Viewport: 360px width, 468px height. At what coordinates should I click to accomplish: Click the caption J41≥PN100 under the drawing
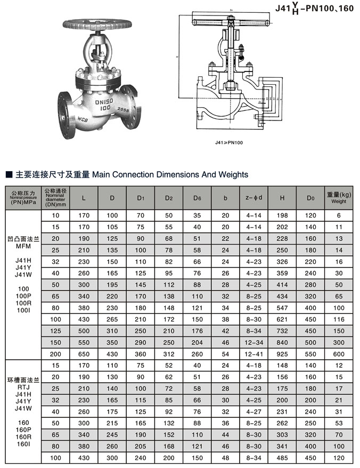pyautogui.click(x=230, y=142)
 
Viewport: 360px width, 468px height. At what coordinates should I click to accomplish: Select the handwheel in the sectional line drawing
pyautogui.click(x=230, y=22)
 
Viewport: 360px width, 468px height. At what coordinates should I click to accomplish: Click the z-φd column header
pyautogui.click(x=254, y=198)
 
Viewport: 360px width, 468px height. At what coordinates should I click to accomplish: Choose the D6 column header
pyautogui.click(x=197, y=198)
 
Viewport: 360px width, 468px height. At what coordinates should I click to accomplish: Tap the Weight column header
pyautogui.click(x=339, y=198)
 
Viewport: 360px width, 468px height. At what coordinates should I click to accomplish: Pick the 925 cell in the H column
pyautogui.click(x=282, y=353)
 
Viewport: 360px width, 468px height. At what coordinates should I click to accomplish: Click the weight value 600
pyautogui.click(x=339, y=353)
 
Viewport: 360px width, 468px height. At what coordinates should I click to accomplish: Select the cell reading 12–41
pyautogui.click(x=254, y=353)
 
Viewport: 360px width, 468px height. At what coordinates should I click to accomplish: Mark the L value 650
pyautogui.click(x=84, y=353)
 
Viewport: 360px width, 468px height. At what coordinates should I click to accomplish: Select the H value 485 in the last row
pyautogui.click(x=282, y=457)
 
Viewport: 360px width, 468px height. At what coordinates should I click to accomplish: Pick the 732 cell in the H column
pyautogui.click(x=282, y=330)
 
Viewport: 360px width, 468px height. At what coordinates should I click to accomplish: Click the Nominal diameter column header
pyautogui.click(x=56, y=198)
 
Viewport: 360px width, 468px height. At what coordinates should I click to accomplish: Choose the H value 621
pyautogui.click(x=282, y=319)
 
